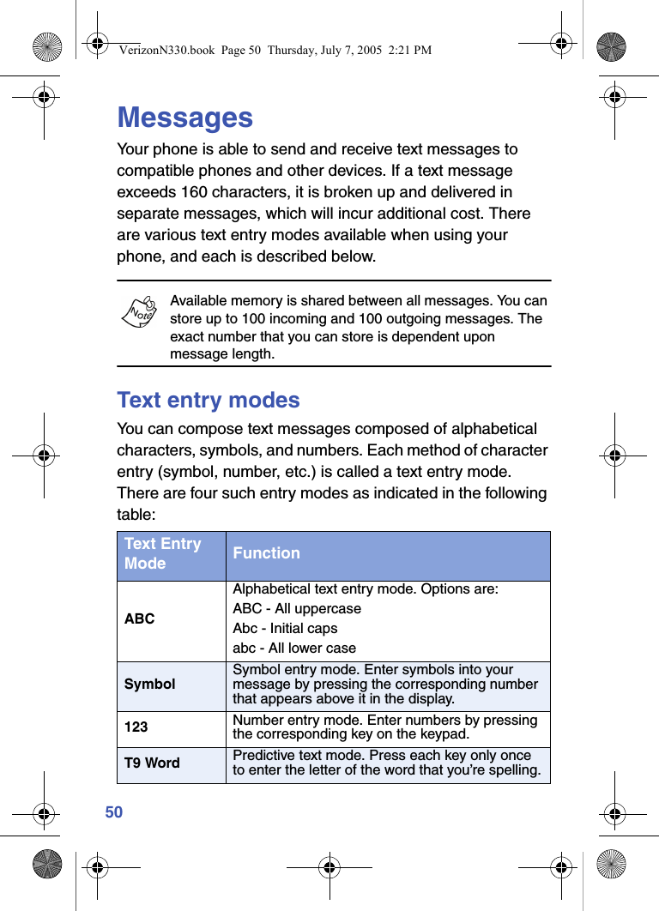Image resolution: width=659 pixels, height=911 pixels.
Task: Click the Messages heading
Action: [x=184, y=118]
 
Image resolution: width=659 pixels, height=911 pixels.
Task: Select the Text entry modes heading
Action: [x=209, y=401]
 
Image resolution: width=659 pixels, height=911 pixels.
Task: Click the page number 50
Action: [x=114, y=812]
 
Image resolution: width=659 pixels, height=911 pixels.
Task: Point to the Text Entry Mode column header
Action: [x=163, y=554]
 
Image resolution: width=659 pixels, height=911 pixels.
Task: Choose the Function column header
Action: [x=266, y=554]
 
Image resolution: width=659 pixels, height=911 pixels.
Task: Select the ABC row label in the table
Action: [x=139, y=618]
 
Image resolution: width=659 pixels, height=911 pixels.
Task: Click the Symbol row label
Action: [x=149, y=685]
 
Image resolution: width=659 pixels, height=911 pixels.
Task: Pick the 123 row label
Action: [x=136, y=727]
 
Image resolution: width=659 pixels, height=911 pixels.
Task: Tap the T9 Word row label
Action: [x=152, y=763]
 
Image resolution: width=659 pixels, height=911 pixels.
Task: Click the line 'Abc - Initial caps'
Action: [x=285, y=629]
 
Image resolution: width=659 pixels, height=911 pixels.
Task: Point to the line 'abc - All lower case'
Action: [x=294, y=649]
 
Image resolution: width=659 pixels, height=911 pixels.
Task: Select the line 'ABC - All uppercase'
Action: [x=297, y=609]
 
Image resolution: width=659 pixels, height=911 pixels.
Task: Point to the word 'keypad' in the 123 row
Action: [x=446, y=734]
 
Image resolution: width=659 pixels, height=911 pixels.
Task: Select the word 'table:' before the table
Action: [x=136, y=515]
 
